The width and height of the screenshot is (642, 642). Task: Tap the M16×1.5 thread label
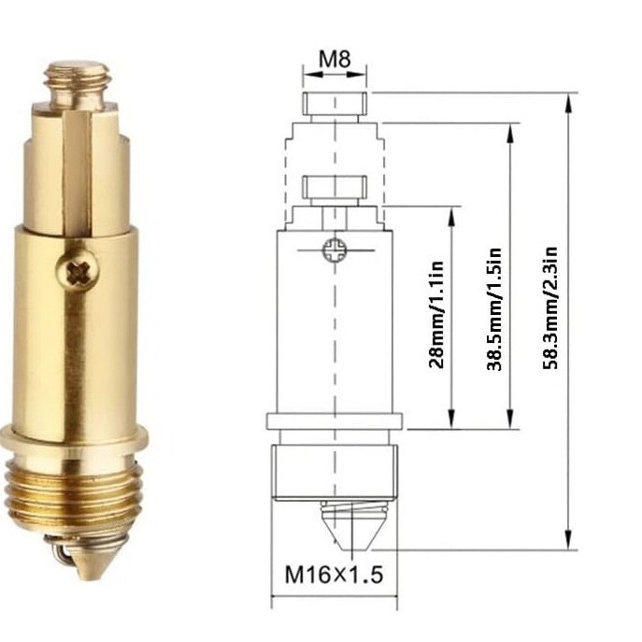[x=334, y=575]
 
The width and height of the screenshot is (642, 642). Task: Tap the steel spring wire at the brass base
[x=57, y=555]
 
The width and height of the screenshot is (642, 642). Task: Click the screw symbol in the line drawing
[x=334, y=250]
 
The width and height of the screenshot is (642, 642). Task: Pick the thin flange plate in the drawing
[x=334, y=421]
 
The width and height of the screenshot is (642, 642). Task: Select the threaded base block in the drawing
[x=334, y=472]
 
